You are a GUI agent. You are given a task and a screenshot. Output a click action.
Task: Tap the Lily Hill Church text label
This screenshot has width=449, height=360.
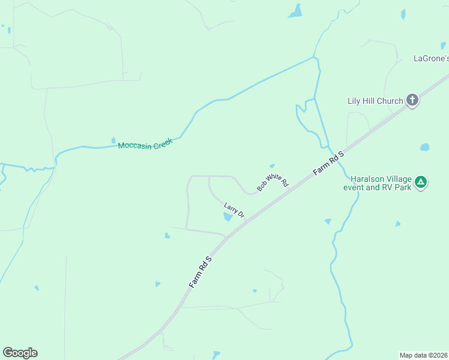(375, 101)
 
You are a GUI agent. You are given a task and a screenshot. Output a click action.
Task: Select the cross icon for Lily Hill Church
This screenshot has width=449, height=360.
(412, 100)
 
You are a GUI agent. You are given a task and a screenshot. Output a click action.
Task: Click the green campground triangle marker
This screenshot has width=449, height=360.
(421, 182)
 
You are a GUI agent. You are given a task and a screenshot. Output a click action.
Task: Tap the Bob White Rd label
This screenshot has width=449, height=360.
(273, 182)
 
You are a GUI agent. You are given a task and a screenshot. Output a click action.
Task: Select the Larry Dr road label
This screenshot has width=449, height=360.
(234, 210)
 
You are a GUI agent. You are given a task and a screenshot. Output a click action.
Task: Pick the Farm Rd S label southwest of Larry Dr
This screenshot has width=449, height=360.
(200, 272)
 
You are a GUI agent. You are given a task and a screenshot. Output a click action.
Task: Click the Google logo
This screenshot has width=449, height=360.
(20, 353)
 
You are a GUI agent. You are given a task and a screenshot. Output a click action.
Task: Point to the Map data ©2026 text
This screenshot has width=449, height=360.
(423, 355)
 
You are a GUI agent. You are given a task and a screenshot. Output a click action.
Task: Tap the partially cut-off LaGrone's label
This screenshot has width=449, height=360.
(431, 58)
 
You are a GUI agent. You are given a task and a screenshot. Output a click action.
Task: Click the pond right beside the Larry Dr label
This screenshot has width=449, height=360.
(228, 217)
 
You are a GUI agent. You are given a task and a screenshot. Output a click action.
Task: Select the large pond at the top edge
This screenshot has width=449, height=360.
(295, 11)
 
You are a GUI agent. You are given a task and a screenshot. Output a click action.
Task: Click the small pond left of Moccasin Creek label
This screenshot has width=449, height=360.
(113, 141)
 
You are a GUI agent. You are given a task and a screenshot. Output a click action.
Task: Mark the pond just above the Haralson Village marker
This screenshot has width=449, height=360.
(425, 147)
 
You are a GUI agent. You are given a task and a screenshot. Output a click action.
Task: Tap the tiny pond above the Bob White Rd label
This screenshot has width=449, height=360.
(272, 166)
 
